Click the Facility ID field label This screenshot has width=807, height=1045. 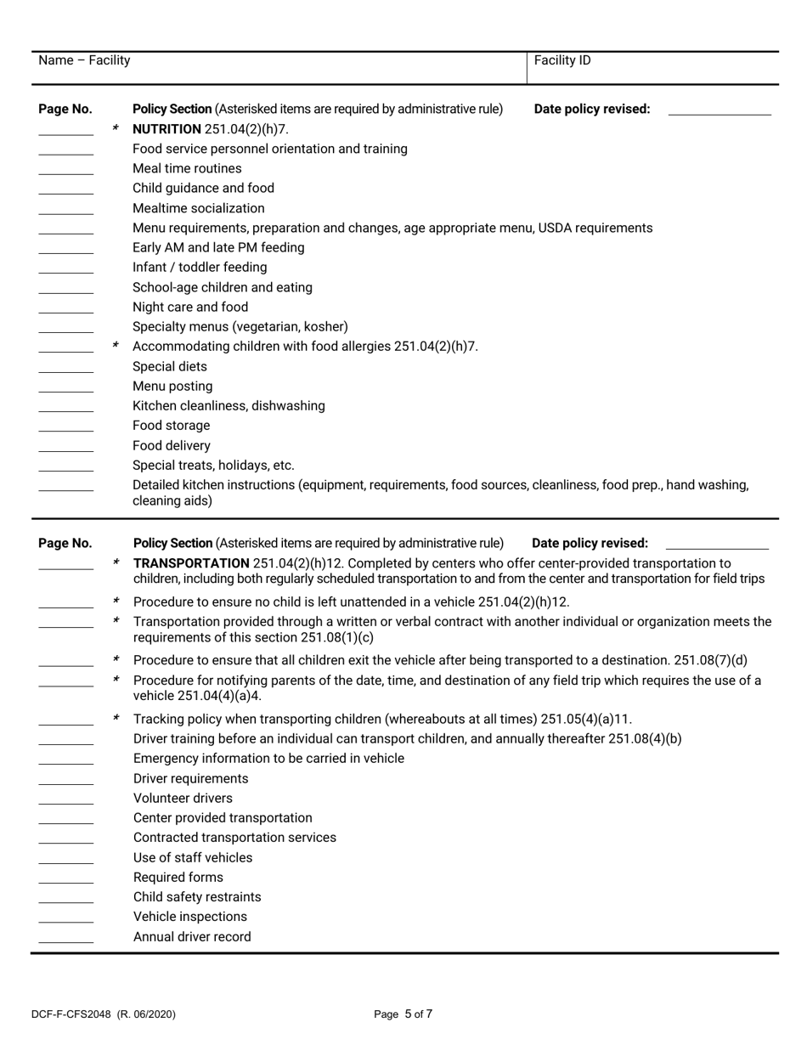pos(562,60)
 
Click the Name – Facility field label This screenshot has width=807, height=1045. pos(84,60)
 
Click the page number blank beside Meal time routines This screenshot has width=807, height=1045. pos(65,173)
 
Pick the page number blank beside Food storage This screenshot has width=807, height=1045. pos(65,431)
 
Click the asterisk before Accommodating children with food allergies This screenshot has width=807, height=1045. pos(116,347)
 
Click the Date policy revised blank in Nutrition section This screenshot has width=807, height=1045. pos(719,112)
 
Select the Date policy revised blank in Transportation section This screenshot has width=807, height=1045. pos(716,546)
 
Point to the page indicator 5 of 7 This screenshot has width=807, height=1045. pos(418,1014)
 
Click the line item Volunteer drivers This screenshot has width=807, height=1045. pos(183,799)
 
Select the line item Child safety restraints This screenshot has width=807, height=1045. pos(197,897)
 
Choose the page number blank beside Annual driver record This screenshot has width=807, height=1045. pos(65,941)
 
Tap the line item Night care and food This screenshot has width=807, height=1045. pos(190,308)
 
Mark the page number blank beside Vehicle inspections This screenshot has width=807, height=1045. pos(65,922)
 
